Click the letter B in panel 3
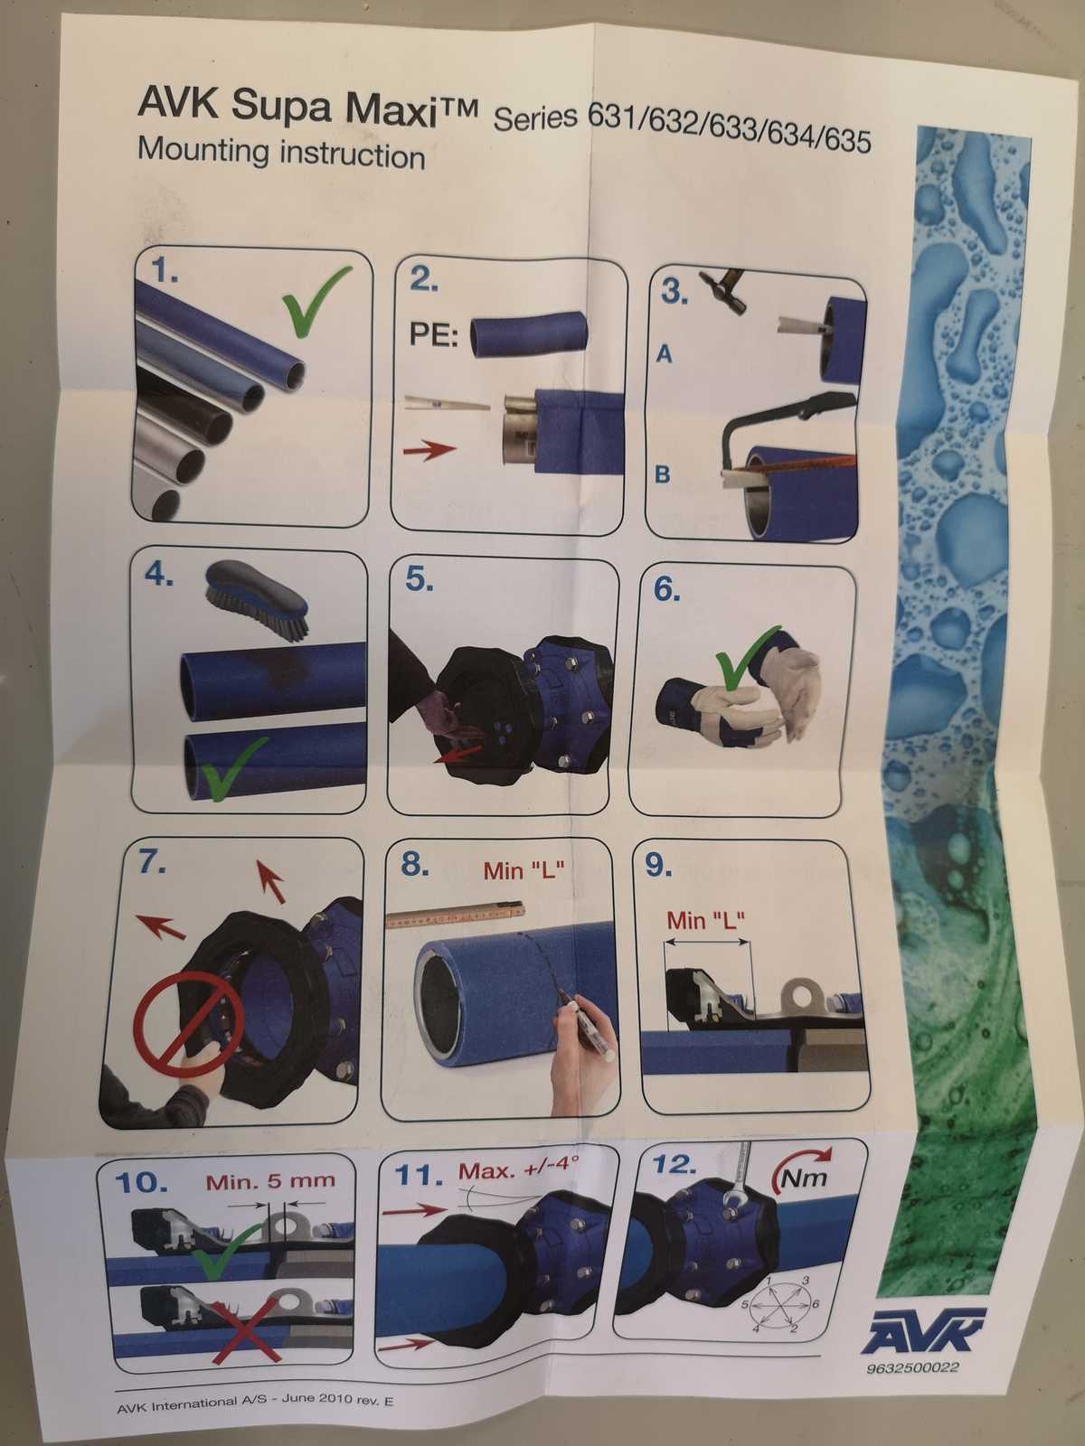[663, 474]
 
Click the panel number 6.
[666, 590]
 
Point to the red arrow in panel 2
[429, 451]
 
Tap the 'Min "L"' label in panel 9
[706, 920]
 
